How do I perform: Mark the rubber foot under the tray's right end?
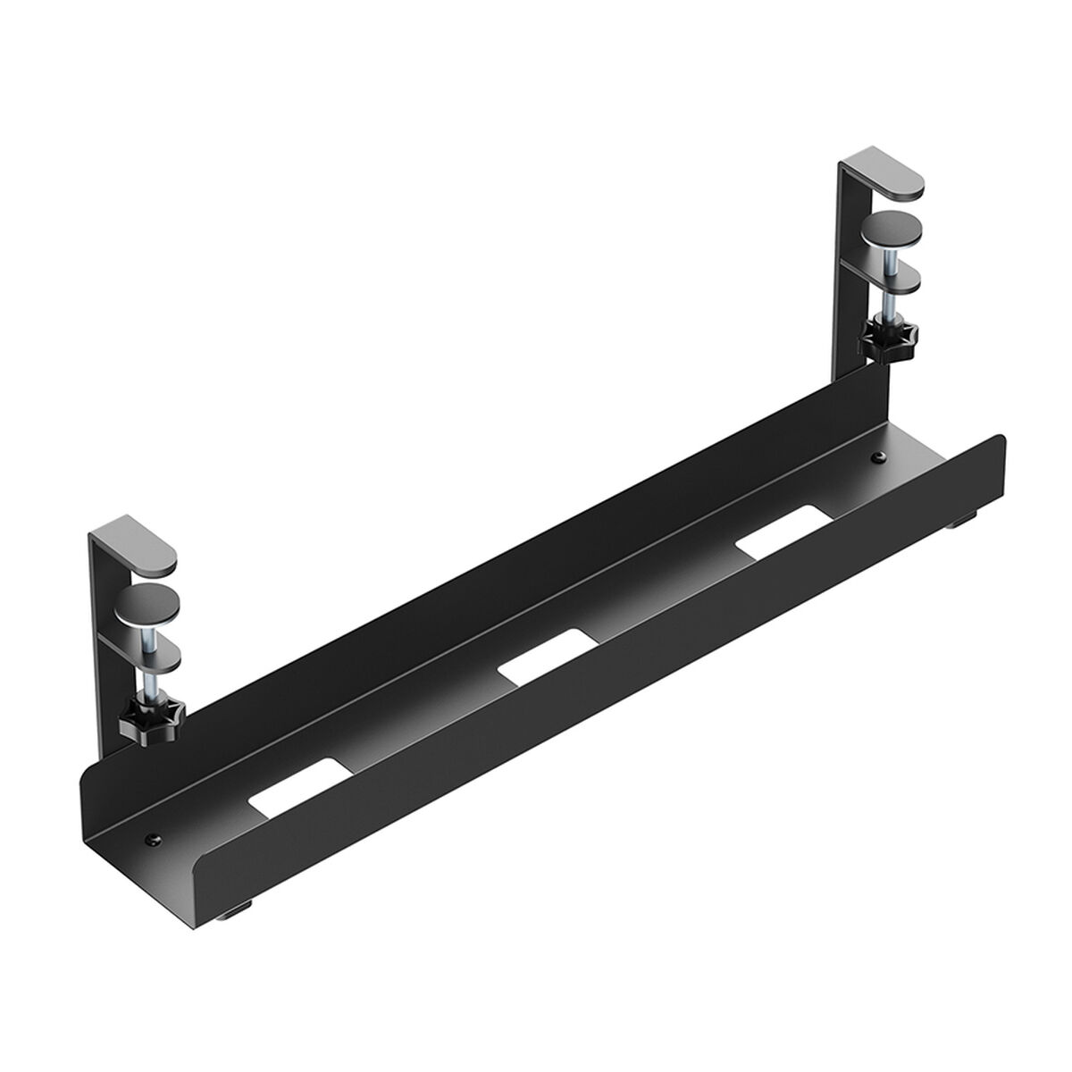968,515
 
